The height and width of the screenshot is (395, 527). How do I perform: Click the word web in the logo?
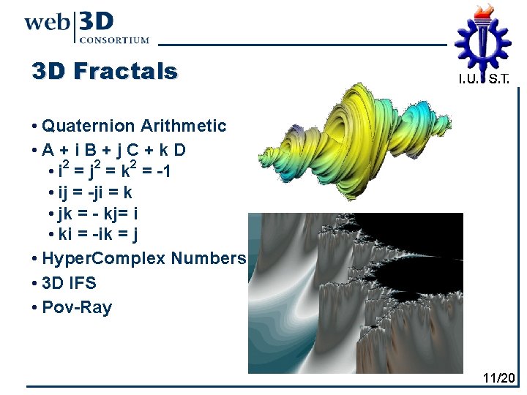[46, 22]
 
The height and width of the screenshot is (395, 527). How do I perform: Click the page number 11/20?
[499, 378]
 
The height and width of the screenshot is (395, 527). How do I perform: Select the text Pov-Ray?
[77, 307]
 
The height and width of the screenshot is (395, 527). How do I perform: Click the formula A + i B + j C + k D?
[113, 150]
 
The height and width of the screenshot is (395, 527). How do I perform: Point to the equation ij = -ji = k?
[95, 193]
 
